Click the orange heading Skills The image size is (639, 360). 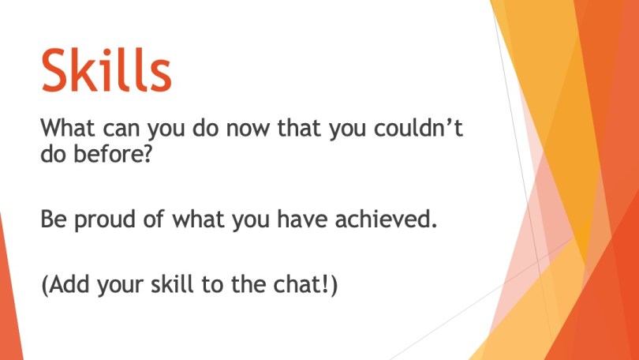pos(106,69)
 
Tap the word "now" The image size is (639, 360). pos(248,129)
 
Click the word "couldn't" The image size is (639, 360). pos(419,128)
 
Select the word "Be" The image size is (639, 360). pos(54,219)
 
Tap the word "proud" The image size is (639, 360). pos(104,220)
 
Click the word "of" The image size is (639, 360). pos(153,219)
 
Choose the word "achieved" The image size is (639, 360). pos(386,219)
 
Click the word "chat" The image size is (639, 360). pos(299,283)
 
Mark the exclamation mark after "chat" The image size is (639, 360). pos(328,283)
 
